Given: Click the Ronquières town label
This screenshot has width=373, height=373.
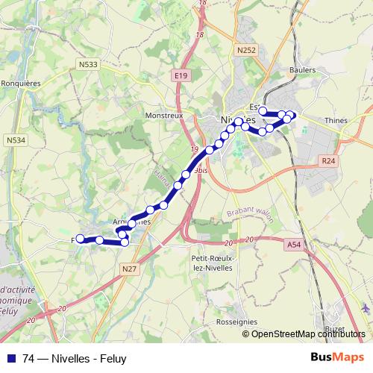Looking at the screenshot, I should point(21,84).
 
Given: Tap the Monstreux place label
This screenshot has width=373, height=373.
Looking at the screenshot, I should point(163,116).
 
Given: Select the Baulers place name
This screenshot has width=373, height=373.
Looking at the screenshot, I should point(301,70).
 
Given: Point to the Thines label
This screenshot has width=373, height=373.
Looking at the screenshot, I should point(337,119).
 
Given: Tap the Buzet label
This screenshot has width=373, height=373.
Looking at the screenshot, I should point(334,328).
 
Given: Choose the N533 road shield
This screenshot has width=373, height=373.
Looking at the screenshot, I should point(87,65).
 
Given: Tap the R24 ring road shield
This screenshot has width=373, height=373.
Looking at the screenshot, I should point(328,160).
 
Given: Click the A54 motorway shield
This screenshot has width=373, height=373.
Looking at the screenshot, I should point(294,242).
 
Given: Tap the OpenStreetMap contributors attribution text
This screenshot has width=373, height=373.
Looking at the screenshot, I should point(307,333).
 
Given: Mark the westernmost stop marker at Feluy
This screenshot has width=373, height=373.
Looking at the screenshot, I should point(79,239).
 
